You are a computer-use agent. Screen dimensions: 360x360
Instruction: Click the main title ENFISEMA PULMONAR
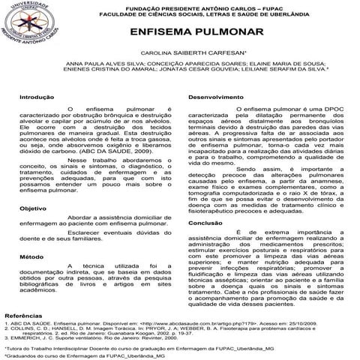click(196, 34)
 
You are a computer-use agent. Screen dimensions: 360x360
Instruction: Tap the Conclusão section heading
click(205, 223)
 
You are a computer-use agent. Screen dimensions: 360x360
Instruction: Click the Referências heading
click(26, 317)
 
